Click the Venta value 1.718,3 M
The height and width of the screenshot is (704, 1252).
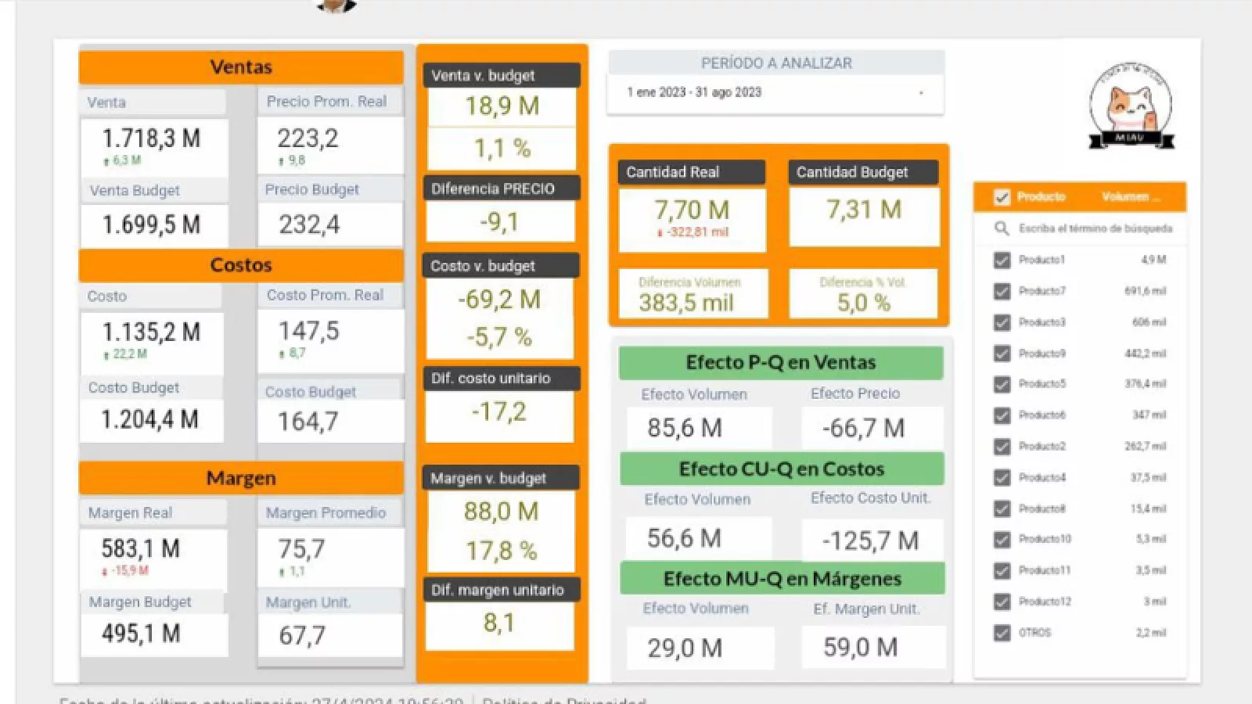(x=152, y=139)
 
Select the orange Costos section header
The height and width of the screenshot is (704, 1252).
(x=241, y=265)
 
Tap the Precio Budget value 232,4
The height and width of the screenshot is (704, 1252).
(x=310, y=225)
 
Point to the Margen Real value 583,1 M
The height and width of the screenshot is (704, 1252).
(x=141, y=549)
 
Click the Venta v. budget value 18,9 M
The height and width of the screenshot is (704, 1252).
(x=502, y=106)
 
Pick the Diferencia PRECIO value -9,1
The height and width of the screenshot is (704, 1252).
(x=499, y=222)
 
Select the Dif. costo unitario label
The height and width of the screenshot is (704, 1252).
(x=491, y=379)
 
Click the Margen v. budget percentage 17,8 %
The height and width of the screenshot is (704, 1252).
(x=502, y=551)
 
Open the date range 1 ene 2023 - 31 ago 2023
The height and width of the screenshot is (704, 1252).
(x=695, y=92)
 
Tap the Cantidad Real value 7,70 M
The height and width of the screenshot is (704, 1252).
(x=692, y=210)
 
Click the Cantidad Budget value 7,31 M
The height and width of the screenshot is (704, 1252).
(x=864, y=210)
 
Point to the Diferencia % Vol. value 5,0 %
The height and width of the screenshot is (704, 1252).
(x=864, y=303)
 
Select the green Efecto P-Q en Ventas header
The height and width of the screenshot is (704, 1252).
(x=781, y=363)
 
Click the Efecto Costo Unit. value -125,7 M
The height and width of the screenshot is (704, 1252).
(x=870, y=541)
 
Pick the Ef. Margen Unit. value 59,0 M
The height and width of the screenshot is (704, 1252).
(x=861, y=648)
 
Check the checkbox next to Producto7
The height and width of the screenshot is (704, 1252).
(x=1002, y=291)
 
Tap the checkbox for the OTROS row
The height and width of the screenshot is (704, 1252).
(x=1002, y=633)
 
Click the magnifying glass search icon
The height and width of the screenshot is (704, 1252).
(x=1002, y=228)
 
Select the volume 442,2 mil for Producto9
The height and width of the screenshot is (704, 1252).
(x=1146, y=354)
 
